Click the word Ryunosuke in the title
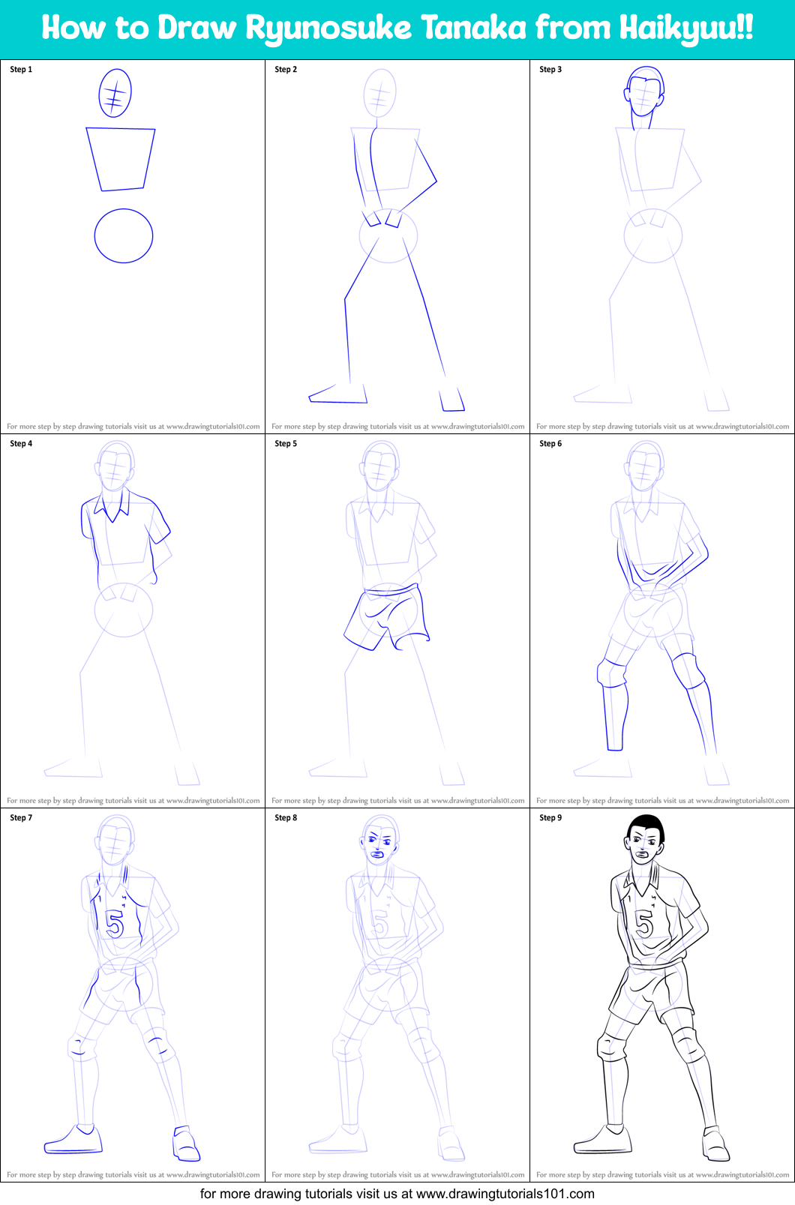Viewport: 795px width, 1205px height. (x=328, y=28)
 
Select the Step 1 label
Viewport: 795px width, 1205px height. (x=21, y=70)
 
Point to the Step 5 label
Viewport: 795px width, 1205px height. (x=286, y=444)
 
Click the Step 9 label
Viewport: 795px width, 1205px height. (x=550, y=818)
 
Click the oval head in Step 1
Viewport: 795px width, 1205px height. (x=115, y=93)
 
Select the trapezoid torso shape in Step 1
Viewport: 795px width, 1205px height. (x=120, y=158)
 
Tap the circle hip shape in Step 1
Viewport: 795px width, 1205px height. (x=124, y=235)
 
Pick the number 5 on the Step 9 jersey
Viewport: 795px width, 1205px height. (x=644, y=923)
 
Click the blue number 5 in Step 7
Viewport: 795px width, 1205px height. (x=114, y=923)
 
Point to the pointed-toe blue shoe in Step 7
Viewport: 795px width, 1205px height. (x=73, y=1141)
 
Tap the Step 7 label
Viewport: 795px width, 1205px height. (x=21, y=818)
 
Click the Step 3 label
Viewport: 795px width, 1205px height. (x=550, y=70)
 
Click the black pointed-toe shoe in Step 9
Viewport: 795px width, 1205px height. (x=603, y=1141)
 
